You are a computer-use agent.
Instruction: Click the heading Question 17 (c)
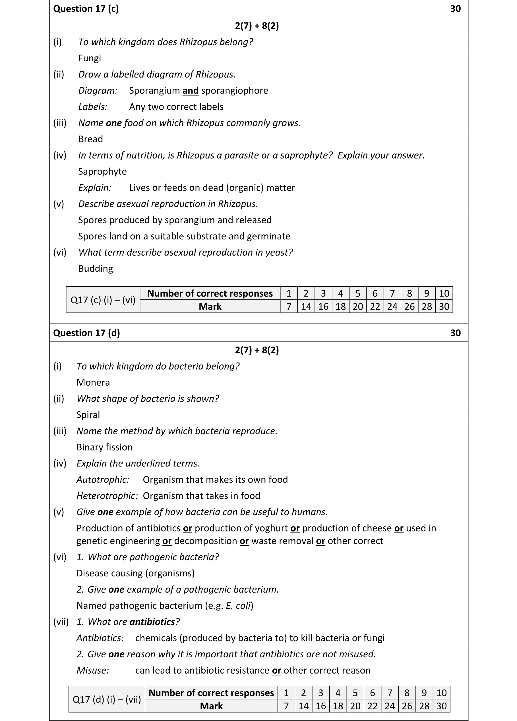[86, 9]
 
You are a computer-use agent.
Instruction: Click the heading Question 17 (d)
[86, 333]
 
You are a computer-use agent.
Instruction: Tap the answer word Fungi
[89, 58]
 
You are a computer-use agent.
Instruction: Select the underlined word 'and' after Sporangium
[190, 91]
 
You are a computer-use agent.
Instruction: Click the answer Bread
[90, 139]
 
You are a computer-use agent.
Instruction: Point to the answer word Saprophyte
[102, 172]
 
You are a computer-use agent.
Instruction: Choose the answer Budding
[96, 269]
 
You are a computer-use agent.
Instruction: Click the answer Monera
[93, 382]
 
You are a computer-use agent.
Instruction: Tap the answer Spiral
[88, 415]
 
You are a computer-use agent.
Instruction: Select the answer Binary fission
[104, 447]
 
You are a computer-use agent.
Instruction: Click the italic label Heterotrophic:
[107, 496]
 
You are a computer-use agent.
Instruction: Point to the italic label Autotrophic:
[103, 480]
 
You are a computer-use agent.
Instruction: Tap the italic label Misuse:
[93, 670]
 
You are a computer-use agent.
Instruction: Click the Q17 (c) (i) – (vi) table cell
[103, 300]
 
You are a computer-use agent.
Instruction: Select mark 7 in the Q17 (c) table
[289, 307]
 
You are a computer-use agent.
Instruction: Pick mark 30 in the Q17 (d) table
[441, 706]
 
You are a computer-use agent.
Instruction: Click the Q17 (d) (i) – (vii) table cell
[107, 699]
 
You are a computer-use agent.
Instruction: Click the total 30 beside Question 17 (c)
[455, 9]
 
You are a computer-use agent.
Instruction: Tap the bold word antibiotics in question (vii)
[152, 622]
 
